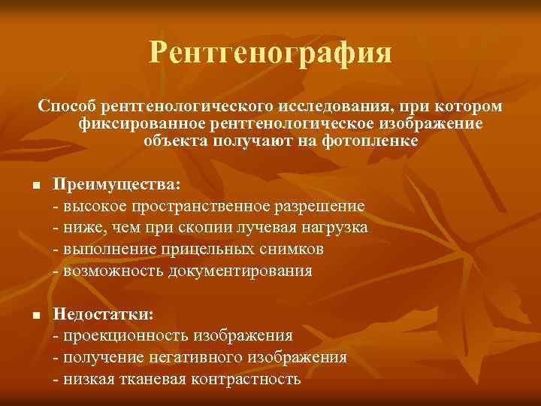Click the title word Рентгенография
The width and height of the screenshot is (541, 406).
coord(270,53)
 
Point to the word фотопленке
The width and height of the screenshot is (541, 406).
coord(373,141)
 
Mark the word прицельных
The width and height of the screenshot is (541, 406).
coord(204,249)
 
